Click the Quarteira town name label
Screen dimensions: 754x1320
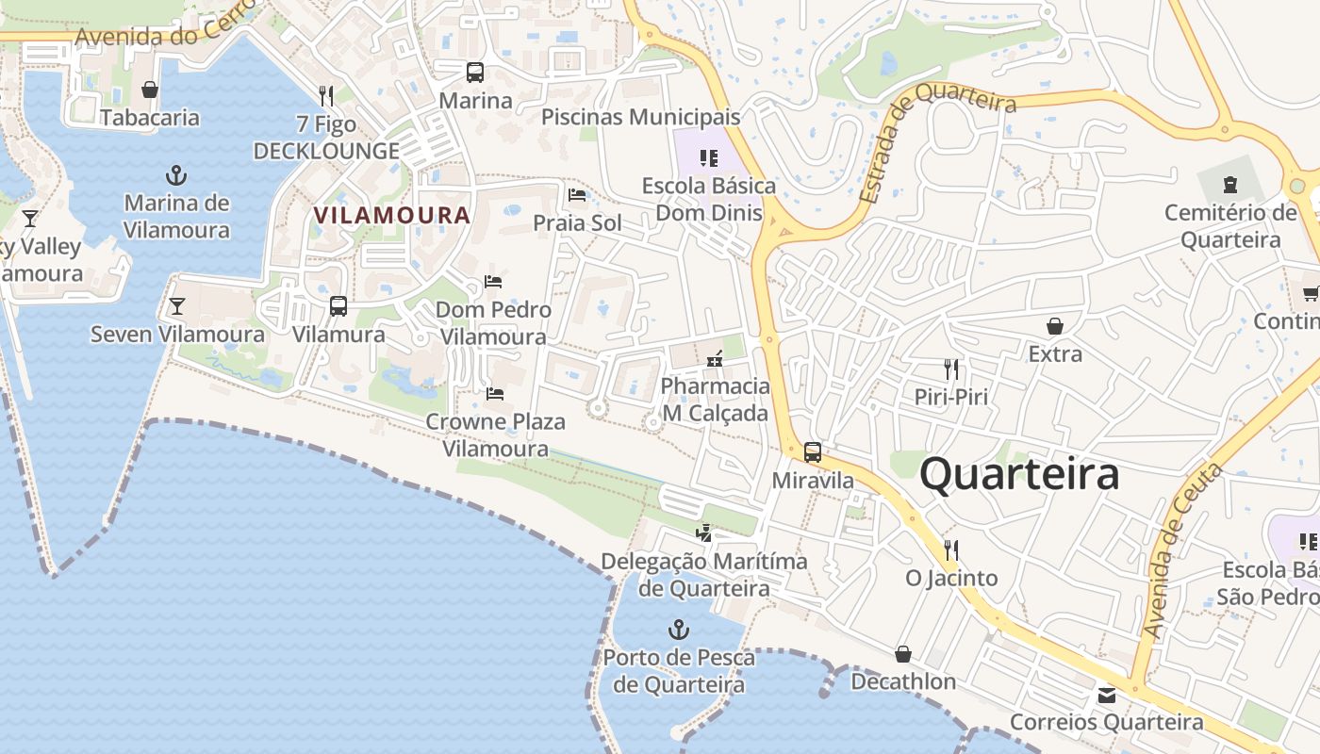click(x=1019, y=474)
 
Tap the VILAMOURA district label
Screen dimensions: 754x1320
click(x=391, y=215)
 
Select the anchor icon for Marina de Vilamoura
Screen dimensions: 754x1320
click(x=175, y=175)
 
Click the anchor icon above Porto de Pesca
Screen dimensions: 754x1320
click(x=678, y=630)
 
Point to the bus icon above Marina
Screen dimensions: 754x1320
click(x=475, y=73)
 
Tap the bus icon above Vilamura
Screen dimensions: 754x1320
click(x=338, y=306)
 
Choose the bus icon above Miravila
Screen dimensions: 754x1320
click(x=813, y=452)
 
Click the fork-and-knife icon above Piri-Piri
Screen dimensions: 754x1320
click(x=951, y=369)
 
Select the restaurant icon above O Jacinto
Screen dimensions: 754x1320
click(x=951, y=549)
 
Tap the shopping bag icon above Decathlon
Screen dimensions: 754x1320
click(x=903, y=654)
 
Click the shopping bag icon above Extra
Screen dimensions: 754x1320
click(x=1055, y=326)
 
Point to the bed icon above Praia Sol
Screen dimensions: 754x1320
click(x=577, y=195)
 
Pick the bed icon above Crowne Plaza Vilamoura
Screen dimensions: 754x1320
click(x=495, y=393)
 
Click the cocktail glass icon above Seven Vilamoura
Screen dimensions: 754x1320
click(x=176, y=306)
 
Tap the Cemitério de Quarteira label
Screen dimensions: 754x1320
click(x=1230, y=226)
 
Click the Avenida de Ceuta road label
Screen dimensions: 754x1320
click(x=1181, y=551)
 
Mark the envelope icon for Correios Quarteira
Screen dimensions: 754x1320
click(x=1106, y=696)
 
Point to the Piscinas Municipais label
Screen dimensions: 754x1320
click(x=640, y=118)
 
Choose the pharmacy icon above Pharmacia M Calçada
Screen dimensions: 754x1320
click(x=715, y=358)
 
